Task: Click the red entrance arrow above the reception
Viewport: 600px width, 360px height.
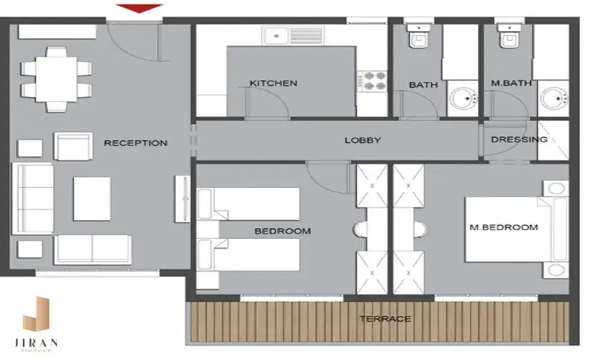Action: pos(139,8)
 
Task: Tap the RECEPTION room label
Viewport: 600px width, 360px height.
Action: pos(136,143)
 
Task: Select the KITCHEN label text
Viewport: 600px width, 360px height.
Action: pos(273,83)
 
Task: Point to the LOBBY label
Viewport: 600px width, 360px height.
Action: pos(363,140)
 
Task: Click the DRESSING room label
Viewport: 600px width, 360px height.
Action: pos(519,140)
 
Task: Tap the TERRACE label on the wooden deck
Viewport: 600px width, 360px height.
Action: pos(385,319)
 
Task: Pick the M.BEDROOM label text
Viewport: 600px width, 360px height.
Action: pos(504,227)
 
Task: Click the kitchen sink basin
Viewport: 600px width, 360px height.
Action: pos(276,36)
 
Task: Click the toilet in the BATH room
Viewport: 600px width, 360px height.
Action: pos(419,35)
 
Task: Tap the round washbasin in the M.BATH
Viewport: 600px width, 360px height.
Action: pos(554,99)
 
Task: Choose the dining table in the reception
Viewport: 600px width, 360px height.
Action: pos(56,79)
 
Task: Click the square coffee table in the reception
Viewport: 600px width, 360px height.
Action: pos(92,199)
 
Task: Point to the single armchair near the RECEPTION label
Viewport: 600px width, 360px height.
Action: pos(73,146)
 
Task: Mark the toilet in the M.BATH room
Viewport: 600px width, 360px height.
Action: pos(509,35)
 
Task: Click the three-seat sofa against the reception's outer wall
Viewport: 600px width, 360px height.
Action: pos(33,199)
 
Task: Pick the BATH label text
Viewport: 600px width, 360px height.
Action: pos(423,85)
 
